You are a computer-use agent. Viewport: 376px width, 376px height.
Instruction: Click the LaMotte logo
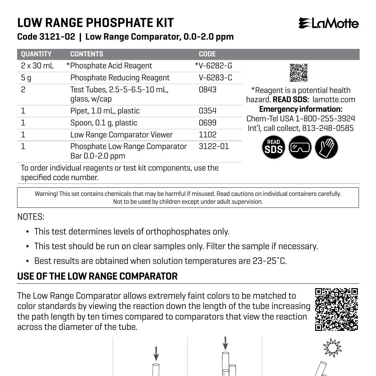pos(328,23)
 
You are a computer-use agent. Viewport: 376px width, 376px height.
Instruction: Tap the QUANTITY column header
pos(36,54)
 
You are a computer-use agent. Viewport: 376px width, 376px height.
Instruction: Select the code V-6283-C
pos(215,78)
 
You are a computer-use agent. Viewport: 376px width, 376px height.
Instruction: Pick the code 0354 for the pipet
pos(207,111)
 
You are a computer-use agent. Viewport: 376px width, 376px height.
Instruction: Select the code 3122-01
pos(214,146)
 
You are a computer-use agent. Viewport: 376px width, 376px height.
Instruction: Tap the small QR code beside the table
pos(298,72)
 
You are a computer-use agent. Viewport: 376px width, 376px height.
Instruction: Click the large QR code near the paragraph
pos(336,309)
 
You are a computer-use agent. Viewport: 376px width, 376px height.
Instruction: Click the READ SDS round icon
pos(273,147)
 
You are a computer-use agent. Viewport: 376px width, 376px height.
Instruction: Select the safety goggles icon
pos(300,147)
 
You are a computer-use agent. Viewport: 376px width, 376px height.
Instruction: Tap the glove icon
pos(326,147)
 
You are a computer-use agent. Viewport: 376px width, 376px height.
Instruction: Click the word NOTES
pos(31,217)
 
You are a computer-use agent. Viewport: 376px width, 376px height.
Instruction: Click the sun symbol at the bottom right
pos(332,348)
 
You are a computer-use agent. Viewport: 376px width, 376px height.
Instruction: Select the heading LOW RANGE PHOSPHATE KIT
pos(96,23)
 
